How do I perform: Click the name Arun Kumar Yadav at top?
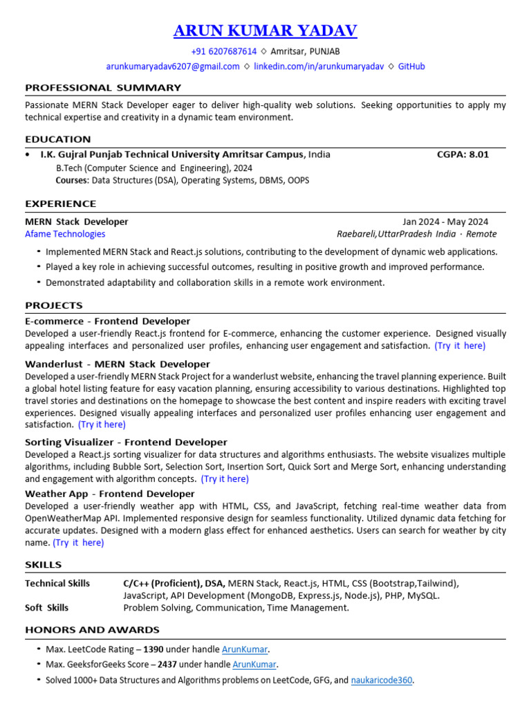(x=265, y=30)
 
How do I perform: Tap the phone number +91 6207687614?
(x=223, y=51)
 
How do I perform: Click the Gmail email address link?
(x=173, y=66)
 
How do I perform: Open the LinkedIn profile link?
(x=319, y=66)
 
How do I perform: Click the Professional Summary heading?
(x=103, y=88)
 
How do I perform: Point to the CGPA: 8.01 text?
(x=463, y=154)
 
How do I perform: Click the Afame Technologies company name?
(x=65, y=234)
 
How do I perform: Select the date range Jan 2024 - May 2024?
(x=445, y=222)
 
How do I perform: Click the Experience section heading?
(x=61, y=204)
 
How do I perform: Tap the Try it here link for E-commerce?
(x=460, y=345)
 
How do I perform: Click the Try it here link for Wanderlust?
(x=102, y=424)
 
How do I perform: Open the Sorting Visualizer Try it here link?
(x=225, y=478)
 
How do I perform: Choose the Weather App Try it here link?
(x=78, y=543)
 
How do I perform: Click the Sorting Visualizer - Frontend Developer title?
(x=126, y=442)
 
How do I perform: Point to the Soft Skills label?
(x=47, y=607)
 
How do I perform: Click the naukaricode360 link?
(x=382, y=680)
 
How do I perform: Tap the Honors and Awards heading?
(x=92, y=629)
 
